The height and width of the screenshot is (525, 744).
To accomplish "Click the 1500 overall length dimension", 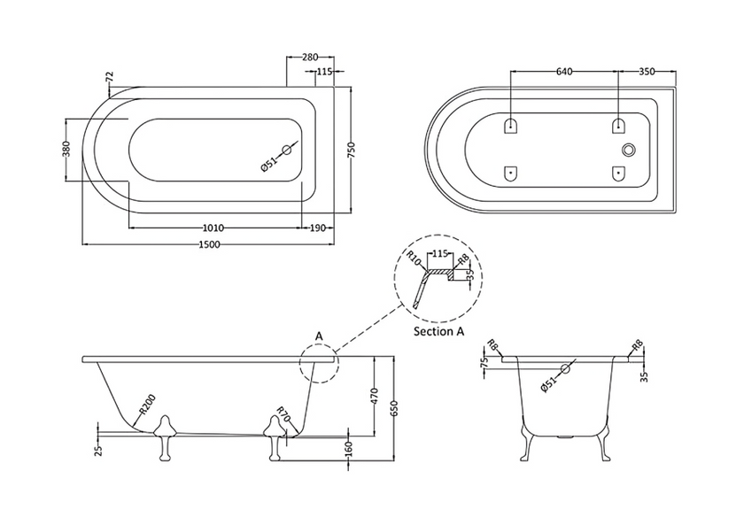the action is [209, 244].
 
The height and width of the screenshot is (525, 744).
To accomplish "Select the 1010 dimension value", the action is [213, 228].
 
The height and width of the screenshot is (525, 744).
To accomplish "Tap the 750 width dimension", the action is [352, 150].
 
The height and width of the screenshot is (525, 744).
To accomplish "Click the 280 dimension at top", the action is [310, 58].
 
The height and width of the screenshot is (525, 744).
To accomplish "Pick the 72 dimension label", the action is [110, 77].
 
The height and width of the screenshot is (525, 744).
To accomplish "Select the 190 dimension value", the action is [317, 228].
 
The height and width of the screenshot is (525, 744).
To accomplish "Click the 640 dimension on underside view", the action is [564, 72].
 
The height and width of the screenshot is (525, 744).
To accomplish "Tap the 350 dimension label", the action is [647, 72].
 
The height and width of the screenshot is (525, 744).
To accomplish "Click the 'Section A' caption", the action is [438, 331].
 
